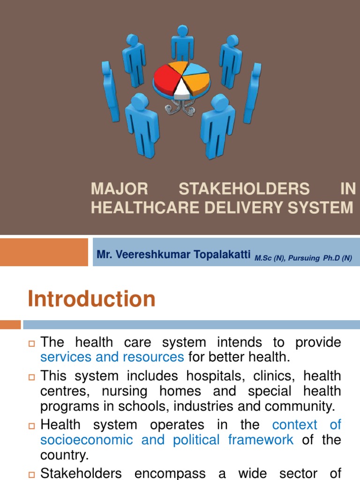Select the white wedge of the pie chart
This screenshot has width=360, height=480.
181,87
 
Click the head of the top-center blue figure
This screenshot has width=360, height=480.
182,30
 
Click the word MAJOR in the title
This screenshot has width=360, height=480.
119,189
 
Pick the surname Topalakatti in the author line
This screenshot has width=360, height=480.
221,254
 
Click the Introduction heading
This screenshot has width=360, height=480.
91,299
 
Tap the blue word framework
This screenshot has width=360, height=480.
261,440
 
